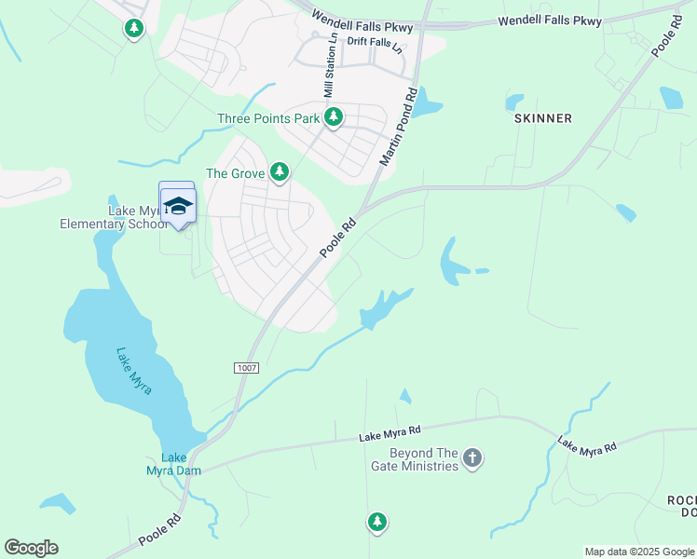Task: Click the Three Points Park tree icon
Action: [x=334, y=117]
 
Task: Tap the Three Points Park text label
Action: [x=268, y=118]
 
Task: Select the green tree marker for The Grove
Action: [x=279, y=171]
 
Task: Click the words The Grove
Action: [x=229, y=173]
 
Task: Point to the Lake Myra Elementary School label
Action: [x=112, y=218]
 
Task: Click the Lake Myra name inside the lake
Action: [x=133, y=370]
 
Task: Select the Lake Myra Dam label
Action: [x=173, y=464]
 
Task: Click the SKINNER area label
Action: [x=542, y=118]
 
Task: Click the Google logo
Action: [x=31, y=548]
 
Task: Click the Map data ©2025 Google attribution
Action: [x=639, y=552]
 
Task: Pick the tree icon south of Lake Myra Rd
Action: [x=376, y=522]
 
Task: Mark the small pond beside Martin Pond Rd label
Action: [x=426, y=103]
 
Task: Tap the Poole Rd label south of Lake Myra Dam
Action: [x=157, y=527]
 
